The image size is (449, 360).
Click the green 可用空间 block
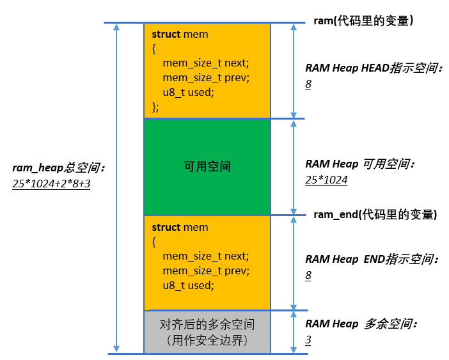click(x=207, y=167)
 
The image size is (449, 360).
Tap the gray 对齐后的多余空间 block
click(x=207, y=332)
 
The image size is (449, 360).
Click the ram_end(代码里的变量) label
click(x=375, y=214)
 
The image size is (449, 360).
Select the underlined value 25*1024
click(x=326, y=180)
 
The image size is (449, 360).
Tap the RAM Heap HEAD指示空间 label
click(x=374, y=68)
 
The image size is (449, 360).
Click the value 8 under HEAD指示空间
click(x=308, y=84)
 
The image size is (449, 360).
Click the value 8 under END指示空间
click(x=308, y=275)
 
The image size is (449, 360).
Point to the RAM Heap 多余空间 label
click(x=361, y=324)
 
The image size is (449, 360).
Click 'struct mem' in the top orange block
click(x=180, y=34)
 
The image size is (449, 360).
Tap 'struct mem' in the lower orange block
click(x=180, y=227)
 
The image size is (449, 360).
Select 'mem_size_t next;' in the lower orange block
click(x=205, y=256)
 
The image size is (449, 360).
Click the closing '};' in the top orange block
click(x=155, y=106)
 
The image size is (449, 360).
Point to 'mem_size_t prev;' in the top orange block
click(x=205, y=77)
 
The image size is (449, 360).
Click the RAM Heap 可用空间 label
click(x=361, y=164)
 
